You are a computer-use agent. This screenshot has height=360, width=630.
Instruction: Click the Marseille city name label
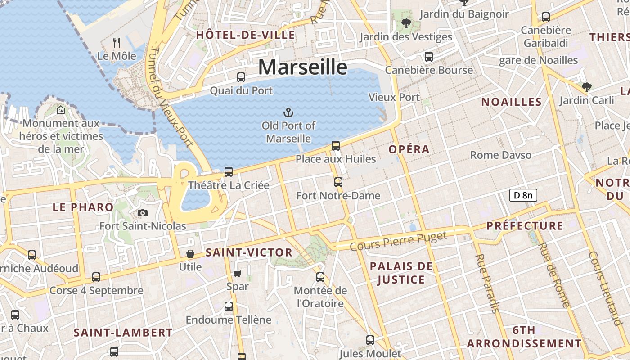(x=303, y=67)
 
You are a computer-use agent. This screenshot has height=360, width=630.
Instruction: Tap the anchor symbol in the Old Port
(x=288, y=112)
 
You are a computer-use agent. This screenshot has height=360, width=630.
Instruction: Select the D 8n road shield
(x=523, y=195)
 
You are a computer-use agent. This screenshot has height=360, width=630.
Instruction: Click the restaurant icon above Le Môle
(x=117, y=43)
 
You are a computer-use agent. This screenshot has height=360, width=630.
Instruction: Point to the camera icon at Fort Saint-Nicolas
(x=143, y=213)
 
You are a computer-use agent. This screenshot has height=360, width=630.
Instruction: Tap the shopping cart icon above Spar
(x=238, y=273)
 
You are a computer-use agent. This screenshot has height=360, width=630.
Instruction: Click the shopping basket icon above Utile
(x=190, y=254)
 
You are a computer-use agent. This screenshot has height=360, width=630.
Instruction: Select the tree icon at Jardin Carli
(x=586, y=87)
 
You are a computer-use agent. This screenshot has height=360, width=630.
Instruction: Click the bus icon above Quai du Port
(x=241, y=77)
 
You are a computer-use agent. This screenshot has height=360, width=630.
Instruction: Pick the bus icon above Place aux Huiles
(x=336, y=145)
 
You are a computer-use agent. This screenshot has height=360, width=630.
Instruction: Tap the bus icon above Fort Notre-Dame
(x=338, y=182)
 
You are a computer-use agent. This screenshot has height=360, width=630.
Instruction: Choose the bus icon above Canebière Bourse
(x=429, y=57)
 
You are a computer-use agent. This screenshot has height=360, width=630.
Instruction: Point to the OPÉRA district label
(x=409, y=149)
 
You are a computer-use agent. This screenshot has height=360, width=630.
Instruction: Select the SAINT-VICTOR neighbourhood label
(x=249, y=252)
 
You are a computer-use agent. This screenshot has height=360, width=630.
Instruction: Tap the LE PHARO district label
(x=83, y=207)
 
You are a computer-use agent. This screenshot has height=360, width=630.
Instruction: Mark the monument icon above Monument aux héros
(x=61, y=109)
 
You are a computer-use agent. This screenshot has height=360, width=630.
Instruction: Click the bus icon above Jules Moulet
(x=370, y=340)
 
